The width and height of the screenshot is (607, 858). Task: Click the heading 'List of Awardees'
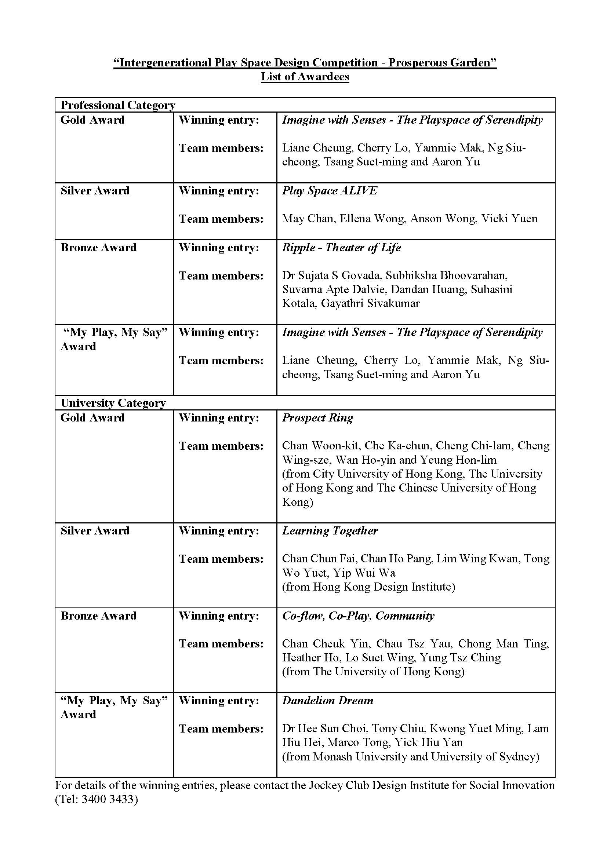tap(305, 77)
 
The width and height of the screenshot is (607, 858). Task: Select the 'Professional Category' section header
tap(118, 105)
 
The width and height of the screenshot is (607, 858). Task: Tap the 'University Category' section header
tap(113, 403)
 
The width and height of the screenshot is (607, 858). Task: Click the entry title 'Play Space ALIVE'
tap(329, 191)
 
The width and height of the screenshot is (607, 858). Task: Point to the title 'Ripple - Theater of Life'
tap(341, 247)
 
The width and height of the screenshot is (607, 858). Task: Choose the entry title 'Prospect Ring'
tap(317, 417)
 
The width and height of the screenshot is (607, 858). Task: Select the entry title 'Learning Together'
tap(330, 531)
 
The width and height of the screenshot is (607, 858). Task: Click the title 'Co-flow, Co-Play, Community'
tap(358, 616)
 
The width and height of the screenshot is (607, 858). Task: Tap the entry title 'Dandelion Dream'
tap(327, 700)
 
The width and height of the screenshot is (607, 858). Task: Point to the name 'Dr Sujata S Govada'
tap(331, 275)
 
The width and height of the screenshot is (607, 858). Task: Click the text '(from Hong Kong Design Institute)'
tap(368, 587)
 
